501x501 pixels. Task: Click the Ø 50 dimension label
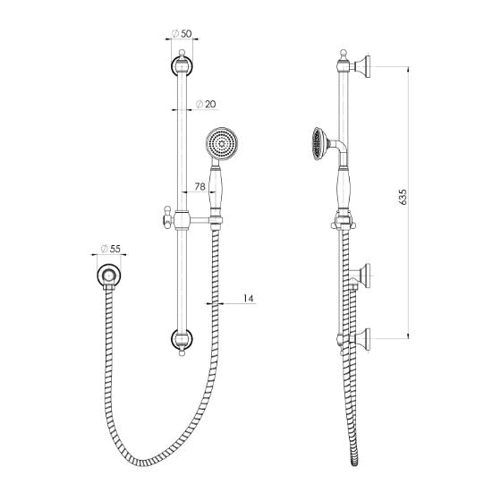[181, 33]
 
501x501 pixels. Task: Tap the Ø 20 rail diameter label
[206, 104]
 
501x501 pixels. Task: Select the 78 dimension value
[200, 187]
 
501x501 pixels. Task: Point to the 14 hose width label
[249, 299]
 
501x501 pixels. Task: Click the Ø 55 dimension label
[111, 249]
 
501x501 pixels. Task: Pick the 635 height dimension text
[403, 197]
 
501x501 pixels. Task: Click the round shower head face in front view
[222, 144]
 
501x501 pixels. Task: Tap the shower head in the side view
[319, 143]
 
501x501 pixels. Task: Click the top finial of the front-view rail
[182, 53]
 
